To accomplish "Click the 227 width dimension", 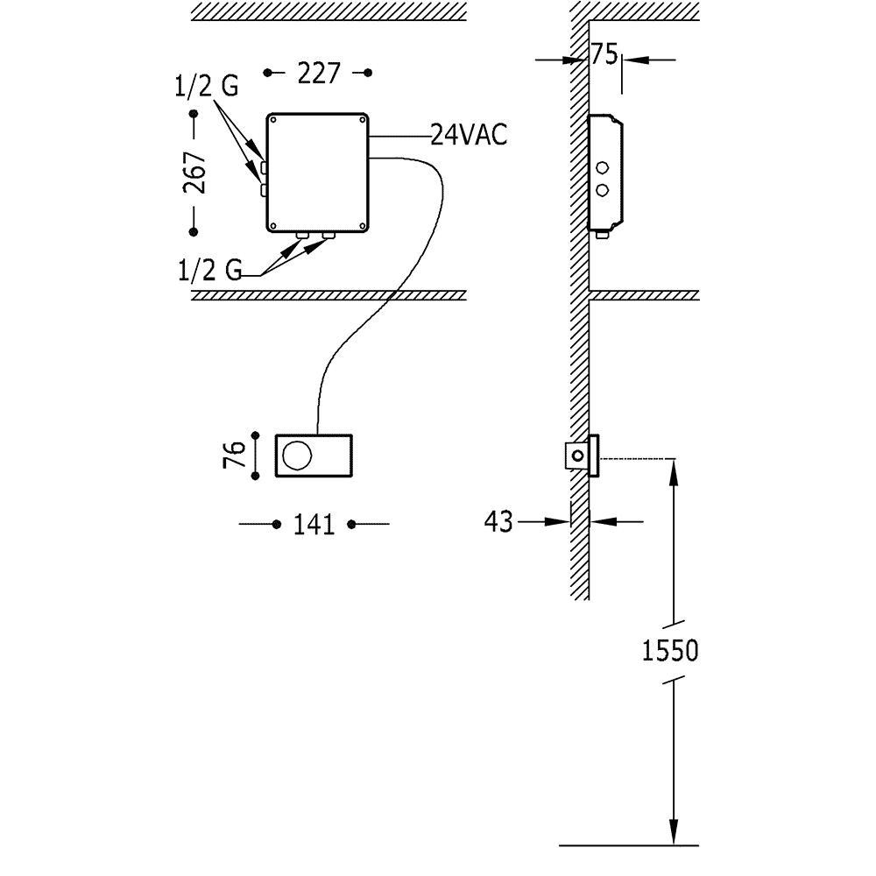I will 318,74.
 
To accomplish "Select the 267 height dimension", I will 195,173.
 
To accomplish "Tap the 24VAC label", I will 469,136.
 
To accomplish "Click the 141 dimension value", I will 314,525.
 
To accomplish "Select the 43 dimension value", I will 498,521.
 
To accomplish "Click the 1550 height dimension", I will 670,652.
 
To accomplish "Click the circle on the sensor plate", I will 295,456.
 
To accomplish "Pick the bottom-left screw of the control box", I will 272,227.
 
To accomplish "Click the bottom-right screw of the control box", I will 362,227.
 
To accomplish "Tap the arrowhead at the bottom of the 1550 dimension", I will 674,833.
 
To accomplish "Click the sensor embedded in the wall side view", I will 579,456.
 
